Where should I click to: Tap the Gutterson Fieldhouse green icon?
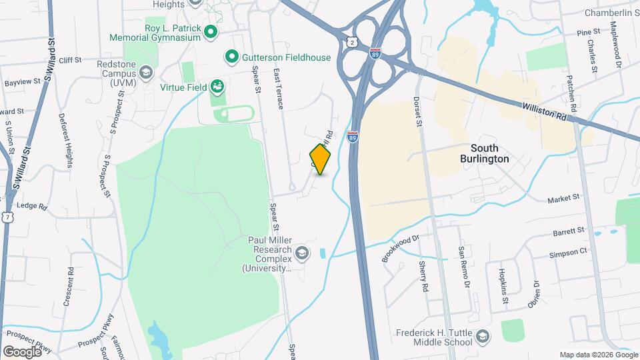pyautogui.click(x=231, y=57)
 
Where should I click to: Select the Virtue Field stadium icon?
pyautogui.click(x=217, y=87)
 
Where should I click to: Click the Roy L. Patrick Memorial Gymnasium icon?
pyautogui.click(x=211, y=31)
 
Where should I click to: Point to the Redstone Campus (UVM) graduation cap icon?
pyautogui.click(x=145, y=70)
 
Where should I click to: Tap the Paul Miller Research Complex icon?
pyautogui.click(x=302, y=252)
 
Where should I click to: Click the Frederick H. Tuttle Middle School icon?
pyautogui.click(x=485, y=335)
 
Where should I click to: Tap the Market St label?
pyautogui.click(x=564, y=199)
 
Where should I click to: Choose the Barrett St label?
pyautogui.click(x=569, y=230)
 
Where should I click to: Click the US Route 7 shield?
pyautogui.click(x=7, y=217)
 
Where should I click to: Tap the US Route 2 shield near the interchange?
pyautogui.click(x=351, y=43)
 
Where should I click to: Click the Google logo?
pyautogui.click(x=22, y=351)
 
